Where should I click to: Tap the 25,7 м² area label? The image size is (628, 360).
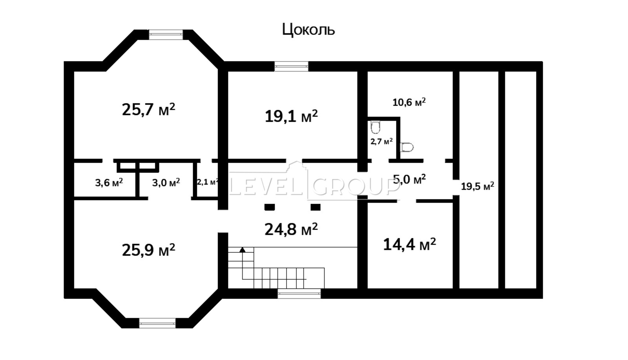tap(149, 109)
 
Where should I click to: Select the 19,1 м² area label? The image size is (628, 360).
tap(291, 116)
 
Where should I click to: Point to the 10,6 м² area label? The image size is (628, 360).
tap(409, 102)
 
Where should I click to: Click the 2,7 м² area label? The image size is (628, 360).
tap(382, 141)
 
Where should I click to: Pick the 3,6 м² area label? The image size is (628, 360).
tap(109, 183)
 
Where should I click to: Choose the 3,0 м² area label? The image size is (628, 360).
tap(166, 183)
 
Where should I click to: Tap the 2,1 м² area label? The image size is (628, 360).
tap(208, 182)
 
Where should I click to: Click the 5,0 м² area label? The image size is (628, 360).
tap(410, 179)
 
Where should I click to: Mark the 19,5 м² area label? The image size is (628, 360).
tap(478, 186)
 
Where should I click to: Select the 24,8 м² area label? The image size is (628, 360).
tap(291, 229)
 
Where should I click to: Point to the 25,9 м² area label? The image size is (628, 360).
tap(149, 250)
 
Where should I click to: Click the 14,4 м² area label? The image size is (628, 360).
tap(410, 244)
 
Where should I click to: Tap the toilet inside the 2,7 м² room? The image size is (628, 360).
tap(375, 127)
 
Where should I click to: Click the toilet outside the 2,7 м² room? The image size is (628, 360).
tap(407, 147)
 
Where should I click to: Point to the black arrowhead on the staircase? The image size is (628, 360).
tap(242, 250)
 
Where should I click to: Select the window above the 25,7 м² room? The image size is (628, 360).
tap(166, 35)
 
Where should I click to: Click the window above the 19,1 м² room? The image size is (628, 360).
tap(291, 66)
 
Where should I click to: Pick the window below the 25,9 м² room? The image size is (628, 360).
tap(157, 323)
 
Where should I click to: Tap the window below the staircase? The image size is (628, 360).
tap(299, 294)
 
